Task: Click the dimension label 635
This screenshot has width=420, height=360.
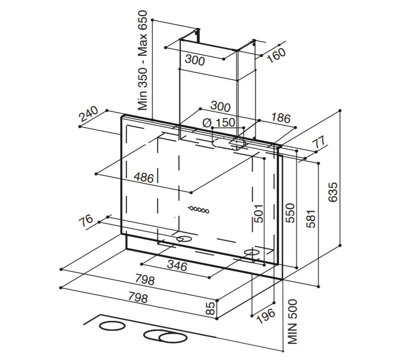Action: pos(333,192)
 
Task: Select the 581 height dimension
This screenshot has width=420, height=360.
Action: pos(312,219)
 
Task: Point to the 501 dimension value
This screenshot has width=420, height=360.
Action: pos(258,213)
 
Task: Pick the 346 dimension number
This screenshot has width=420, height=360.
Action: pos(177,266)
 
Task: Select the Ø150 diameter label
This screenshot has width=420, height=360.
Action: pos(219,123)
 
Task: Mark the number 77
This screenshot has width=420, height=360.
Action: pos(319,142)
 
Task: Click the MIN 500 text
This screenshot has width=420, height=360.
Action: pos(293,321)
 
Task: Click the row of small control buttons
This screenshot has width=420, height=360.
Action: pos(198,210)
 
